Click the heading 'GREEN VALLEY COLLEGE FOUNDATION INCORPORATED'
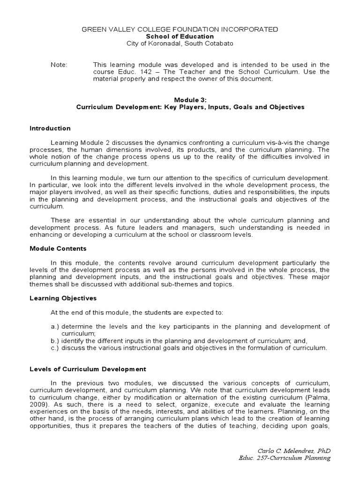(x=180, y=29)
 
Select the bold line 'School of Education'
(x=180, y=37)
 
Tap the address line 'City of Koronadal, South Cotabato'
(x=180, y=44)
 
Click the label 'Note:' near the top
(x=59, y=65)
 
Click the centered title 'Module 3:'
(x=190, y=100)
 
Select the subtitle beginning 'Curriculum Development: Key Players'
(x=190, y=107)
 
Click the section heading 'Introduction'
(x=50, y=128)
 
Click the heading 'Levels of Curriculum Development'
(x=88, y=369)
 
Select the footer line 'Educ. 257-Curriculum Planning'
(x=285, y=458)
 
